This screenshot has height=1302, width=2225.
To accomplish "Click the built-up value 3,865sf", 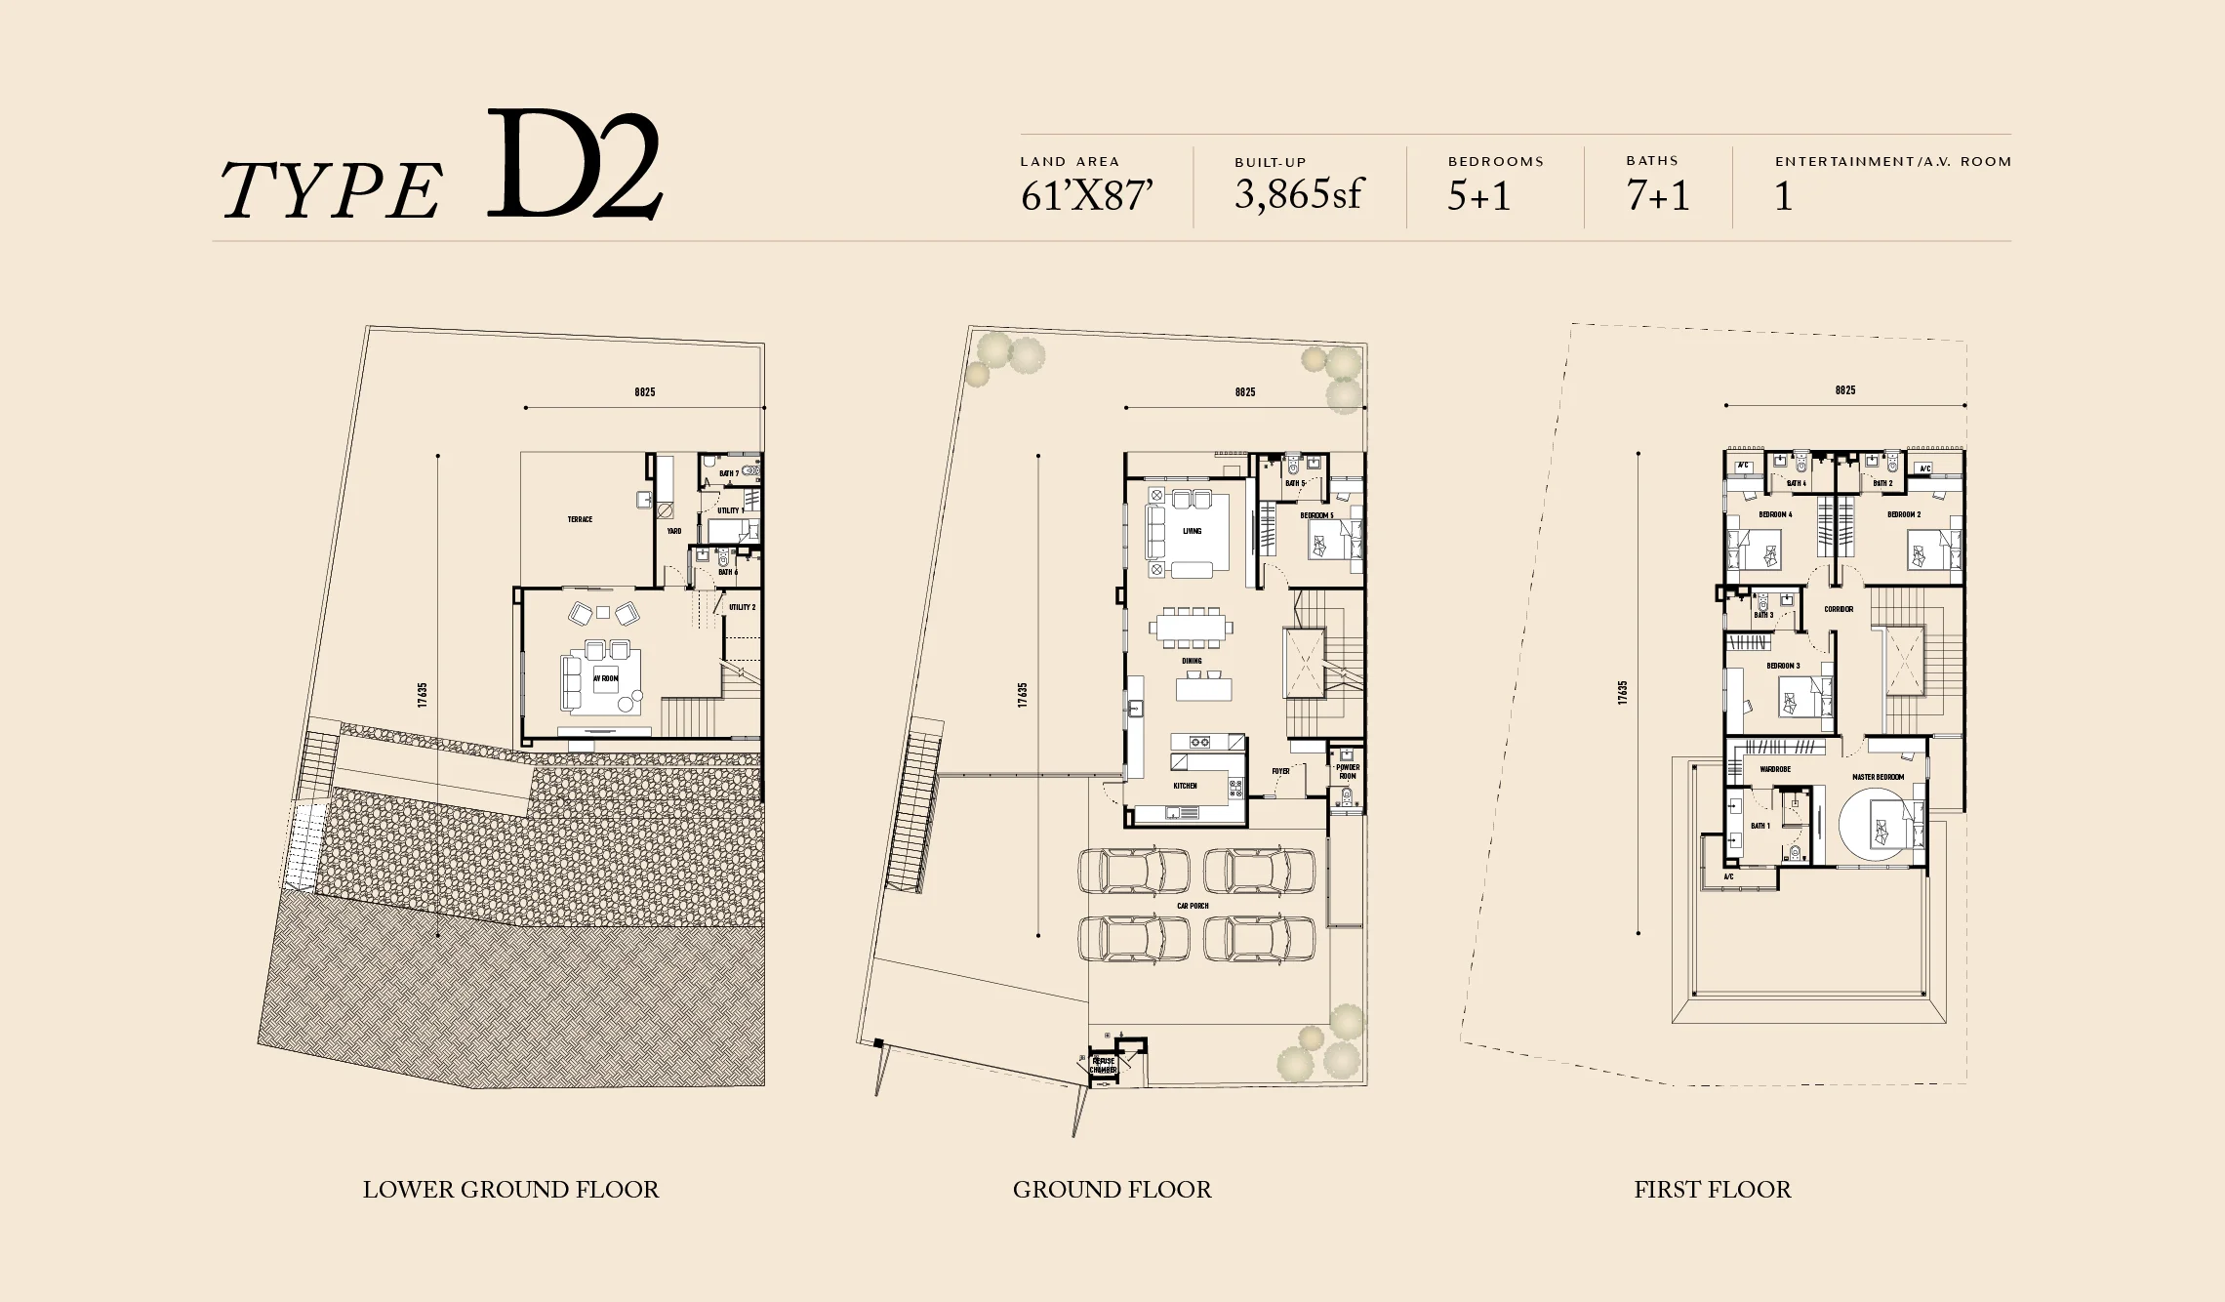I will [x=1297, y=195].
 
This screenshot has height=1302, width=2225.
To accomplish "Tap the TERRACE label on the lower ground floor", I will [x=580, y=519].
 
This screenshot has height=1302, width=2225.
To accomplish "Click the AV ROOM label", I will [x=606, y=678].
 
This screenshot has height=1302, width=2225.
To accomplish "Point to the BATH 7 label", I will [x=729, y=473].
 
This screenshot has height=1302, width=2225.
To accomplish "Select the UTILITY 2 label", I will [x=742, y=607].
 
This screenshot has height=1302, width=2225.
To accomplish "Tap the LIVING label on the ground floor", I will [x=1192, y=531].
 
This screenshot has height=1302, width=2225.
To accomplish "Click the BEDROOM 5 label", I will [x=1316, y=515].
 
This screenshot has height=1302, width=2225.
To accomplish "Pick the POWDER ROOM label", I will [x=1348, y=771].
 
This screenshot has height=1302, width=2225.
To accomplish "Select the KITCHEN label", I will [x=1185, y=786].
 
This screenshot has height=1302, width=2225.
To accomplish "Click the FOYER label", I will [x=1280, y=771].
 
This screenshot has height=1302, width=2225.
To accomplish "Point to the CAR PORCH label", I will [x=1193, y=906].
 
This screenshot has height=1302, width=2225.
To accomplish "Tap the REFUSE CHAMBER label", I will [x=1103, y=1065].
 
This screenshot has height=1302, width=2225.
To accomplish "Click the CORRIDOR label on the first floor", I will [x=1839, y=609].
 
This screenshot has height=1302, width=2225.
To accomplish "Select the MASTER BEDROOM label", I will [x=1878, y=777].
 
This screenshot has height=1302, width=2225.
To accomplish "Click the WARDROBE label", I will [x=1775, y=769].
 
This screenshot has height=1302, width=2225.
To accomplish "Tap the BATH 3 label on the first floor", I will [x=1763, y=615].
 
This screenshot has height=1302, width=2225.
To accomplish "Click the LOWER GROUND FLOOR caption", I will [x=510, y=1190].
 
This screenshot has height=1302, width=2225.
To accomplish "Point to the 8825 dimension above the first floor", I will [x=1844, y=390].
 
